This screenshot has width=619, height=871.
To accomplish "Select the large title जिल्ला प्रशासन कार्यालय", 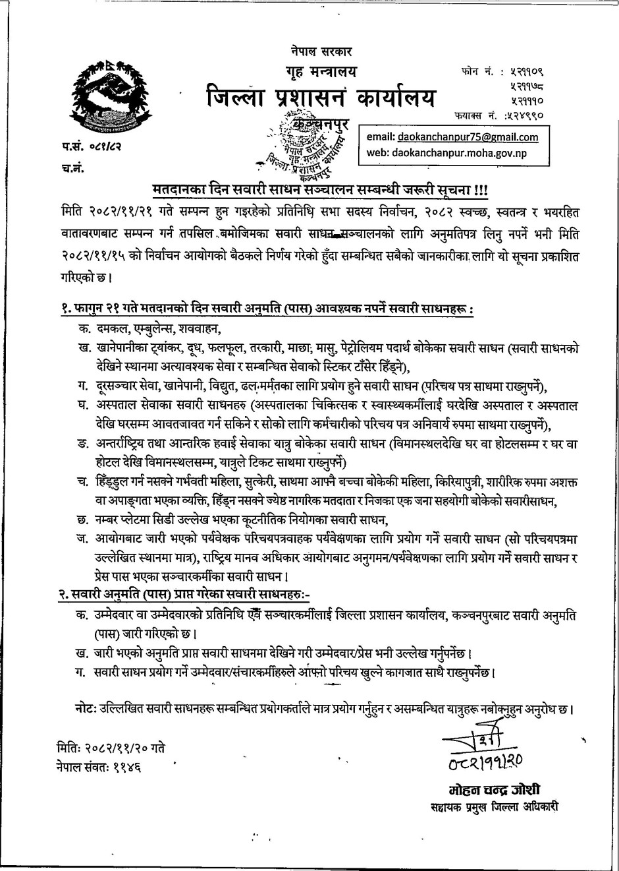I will coord(319,99).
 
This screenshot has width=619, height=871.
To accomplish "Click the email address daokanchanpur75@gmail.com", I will coord(468,137).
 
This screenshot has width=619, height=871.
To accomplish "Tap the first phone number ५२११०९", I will coord(530,70).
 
